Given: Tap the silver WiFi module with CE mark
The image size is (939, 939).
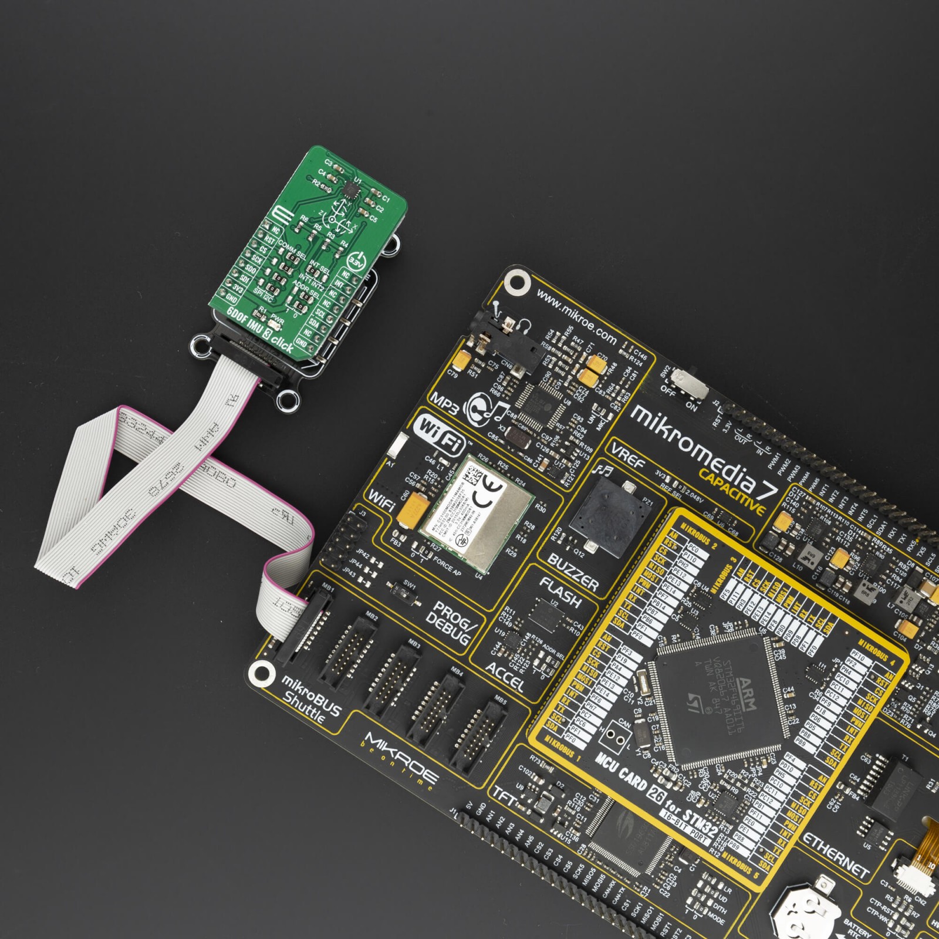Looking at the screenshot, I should pos(475,513).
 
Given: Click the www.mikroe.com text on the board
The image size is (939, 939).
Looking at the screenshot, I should pos(576,319).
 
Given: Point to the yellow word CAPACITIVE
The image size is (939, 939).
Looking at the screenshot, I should pos(732,490).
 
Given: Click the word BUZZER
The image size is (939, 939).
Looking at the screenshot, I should pos(572,572).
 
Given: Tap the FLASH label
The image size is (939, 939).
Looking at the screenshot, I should pos(560,593).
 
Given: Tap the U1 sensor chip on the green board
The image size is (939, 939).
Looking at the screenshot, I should pos(350,189).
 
